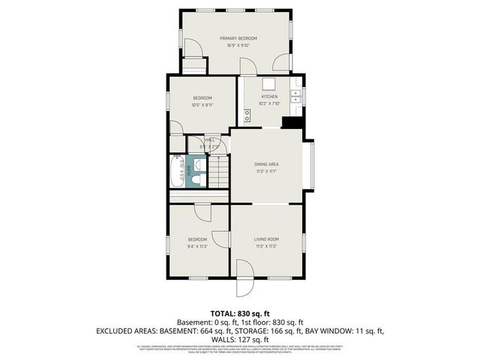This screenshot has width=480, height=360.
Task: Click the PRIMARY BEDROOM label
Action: coord(238,38)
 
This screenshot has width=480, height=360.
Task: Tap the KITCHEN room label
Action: coord(269,97)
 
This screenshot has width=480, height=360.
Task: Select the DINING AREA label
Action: coord(266,164)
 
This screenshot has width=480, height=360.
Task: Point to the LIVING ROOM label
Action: coord(267,239)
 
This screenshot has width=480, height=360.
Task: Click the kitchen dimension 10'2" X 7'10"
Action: coord(269,103)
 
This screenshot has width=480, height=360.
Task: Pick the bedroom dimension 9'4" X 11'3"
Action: coord(197,246)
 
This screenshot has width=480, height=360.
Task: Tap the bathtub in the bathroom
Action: coord(177,172)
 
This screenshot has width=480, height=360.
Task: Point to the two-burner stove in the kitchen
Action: coord(247,115)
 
